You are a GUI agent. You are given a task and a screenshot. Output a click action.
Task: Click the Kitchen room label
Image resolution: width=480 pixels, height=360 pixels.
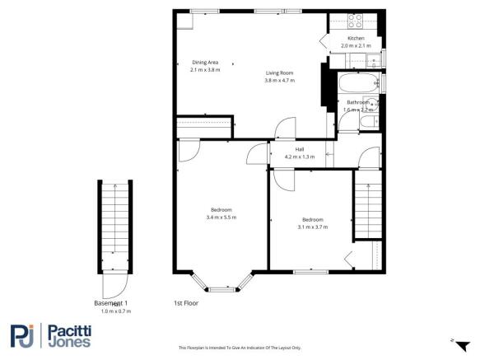356,39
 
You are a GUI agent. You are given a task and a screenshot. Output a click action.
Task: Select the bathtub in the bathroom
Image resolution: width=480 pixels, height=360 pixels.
360,84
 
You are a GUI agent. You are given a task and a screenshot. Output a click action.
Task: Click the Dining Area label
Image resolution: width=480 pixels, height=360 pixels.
205,63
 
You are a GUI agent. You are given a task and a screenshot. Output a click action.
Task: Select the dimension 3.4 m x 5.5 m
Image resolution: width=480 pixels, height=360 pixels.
221,217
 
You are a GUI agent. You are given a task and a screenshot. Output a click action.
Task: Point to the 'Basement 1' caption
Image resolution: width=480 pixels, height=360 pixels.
110,303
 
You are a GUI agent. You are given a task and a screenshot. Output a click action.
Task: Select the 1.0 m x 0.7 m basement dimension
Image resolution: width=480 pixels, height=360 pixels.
115,311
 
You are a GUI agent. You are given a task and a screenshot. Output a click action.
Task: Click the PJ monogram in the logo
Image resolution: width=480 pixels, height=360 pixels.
22,334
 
